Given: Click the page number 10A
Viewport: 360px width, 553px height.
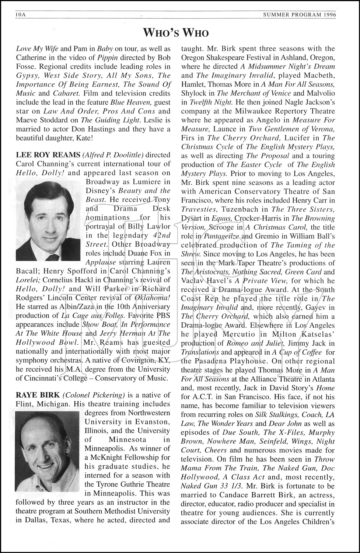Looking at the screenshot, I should (x=21, y=15).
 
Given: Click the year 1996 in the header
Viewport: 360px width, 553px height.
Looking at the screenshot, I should (x=330, y=15).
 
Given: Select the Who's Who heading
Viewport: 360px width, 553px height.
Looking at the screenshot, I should (x=176, y=33).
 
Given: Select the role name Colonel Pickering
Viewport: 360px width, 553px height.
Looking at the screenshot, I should (x=94, y=395).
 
